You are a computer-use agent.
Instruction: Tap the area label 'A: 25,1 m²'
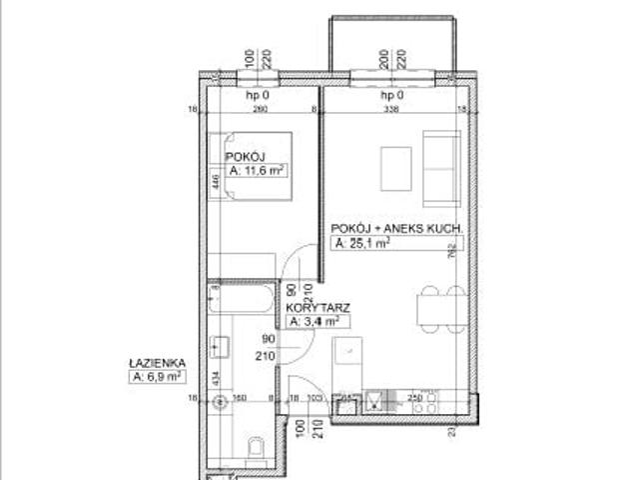click(x=362, y=242)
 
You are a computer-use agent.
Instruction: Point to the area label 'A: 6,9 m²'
click(x=158, y=377)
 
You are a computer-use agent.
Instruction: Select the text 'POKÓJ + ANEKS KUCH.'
click(x=397, y=229)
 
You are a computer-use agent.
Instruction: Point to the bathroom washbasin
click(x=222, y=346)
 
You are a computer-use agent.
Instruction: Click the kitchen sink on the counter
click(x=374, y=402)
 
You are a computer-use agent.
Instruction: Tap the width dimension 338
click(x=391, y=110)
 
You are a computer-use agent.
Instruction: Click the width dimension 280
click(x=261, y=110)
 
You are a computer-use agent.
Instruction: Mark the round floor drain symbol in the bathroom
click(x=222, y=402)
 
